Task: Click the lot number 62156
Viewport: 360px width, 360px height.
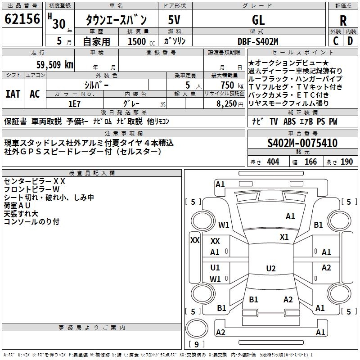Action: click(x=22, y=19)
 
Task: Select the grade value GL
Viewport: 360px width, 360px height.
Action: click(x=258, y=20)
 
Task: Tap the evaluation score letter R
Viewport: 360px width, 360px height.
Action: click(x=343, y=20)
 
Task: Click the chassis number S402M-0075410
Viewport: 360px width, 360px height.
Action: click(x=302, y=143)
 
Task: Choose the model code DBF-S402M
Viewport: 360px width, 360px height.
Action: click(x=258, y=41)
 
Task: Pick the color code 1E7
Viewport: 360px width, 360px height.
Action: click(x=74, y=103)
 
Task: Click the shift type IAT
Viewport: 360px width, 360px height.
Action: click(x=13, y=94)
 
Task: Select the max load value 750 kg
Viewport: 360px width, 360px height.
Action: click(x=227, y=85)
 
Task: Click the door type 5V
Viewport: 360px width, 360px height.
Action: click(x=175, y=20)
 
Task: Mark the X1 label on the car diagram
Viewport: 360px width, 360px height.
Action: click(x=284, y=237)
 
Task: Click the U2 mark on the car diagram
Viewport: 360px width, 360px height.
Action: click(x=270, y=269)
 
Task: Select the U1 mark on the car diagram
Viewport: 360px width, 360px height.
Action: click(x=215, y=268)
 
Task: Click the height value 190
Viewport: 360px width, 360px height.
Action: click(x=347, y=162)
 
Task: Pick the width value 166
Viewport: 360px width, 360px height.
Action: click(x=310, y=162)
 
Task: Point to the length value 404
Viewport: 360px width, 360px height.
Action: click(x=273, y=162)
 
